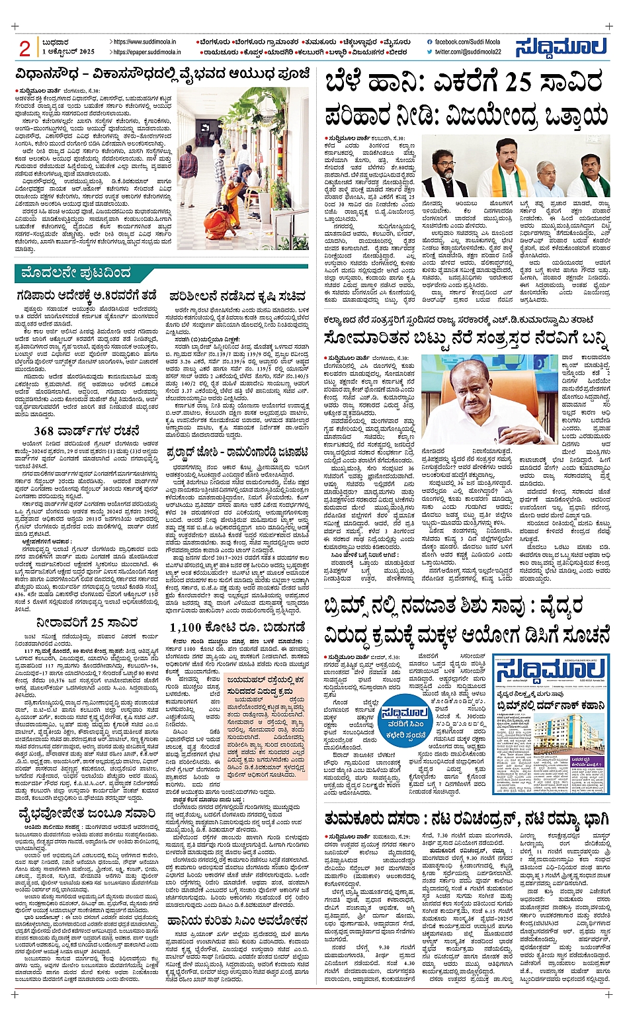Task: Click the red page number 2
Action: tap(25, 48)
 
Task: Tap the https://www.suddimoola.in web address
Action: tap(144, 42)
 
